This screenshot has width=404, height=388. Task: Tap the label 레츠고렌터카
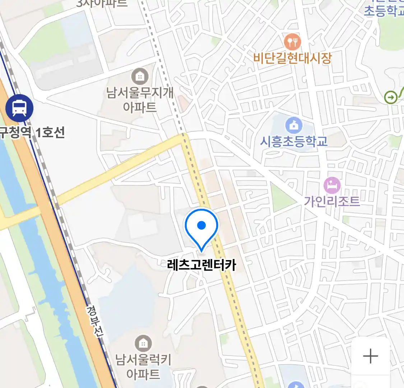point(201,265)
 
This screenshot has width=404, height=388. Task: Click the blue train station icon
point(19,107)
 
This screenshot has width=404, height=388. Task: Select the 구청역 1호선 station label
point(32,133)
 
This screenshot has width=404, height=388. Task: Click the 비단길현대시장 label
point(292,58)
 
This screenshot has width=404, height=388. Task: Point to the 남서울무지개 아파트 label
point(140,100)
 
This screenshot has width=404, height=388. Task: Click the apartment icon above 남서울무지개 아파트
point(140,77)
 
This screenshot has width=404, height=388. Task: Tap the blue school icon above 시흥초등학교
point(294,125)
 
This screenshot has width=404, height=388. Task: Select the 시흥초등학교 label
point(294,142)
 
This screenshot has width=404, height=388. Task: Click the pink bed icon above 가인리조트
point(332,186)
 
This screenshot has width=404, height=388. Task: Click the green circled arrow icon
point(391,97)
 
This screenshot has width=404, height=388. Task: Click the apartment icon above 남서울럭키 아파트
point(143,344)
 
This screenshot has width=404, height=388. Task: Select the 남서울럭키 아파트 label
point(143,366)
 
